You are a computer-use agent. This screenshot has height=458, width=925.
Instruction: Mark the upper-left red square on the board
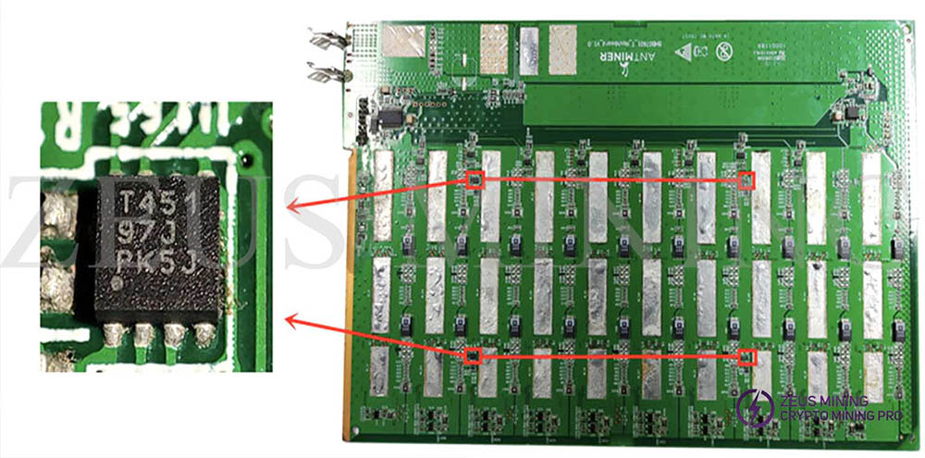474,180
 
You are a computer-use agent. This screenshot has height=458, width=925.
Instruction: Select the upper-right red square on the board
746,180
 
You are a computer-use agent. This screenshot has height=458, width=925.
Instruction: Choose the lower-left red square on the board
473,355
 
